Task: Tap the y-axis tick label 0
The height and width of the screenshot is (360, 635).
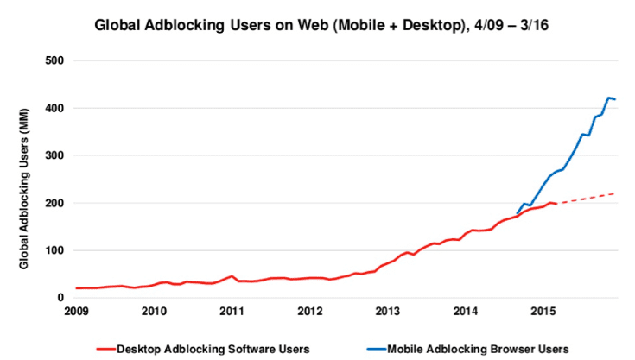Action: click(x=63, y=298)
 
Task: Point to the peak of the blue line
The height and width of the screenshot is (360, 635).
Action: click(x=609, y=98)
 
